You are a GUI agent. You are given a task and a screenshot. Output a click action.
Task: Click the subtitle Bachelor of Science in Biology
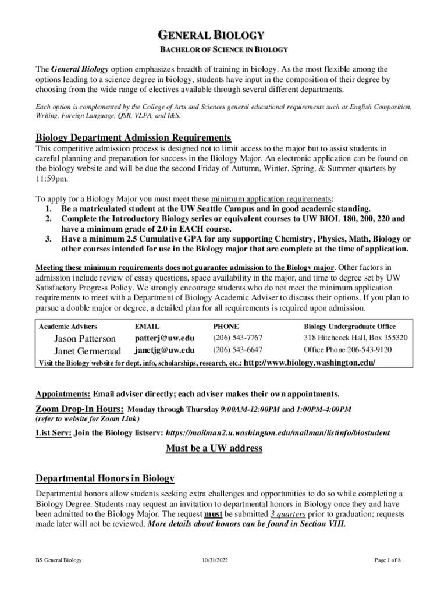click(x=224, y=50)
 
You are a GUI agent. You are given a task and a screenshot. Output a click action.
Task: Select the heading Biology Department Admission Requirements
click(x=133, y=137)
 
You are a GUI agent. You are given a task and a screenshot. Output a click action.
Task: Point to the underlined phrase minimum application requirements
click(x=271, y=198)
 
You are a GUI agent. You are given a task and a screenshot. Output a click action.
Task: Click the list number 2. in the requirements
click(x=49, y=219)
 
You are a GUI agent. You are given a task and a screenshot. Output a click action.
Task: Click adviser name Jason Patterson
click(x=85, y=338)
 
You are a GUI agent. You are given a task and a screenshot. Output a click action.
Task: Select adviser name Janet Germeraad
click(x=88, y=351)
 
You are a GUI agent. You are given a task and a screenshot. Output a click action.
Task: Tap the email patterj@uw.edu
click(x=165, y=338)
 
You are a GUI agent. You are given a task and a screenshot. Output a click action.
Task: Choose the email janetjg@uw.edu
click(x=165, y=350)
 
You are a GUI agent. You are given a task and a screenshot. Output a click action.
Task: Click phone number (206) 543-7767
click(x=237, y=338)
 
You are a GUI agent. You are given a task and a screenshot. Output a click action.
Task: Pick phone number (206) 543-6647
click(x=237, y=350)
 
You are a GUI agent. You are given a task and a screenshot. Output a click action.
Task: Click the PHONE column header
click(x=226, y=327)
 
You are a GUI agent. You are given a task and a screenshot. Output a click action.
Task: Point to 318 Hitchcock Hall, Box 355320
click(x=355, y=338)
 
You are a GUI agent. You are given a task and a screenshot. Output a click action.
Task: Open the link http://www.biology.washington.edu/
click(x=308, y=363)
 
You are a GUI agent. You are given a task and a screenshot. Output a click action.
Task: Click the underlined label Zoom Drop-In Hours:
click(x=80, y=409)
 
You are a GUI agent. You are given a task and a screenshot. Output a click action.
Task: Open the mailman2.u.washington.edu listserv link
click(x=278, y=433)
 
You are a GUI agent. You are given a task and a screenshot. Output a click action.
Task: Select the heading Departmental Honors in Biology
click(x=105, y=478)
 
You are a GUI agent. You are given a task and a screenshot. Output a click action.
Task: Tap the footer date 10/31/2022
click(x=215, y=560)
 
